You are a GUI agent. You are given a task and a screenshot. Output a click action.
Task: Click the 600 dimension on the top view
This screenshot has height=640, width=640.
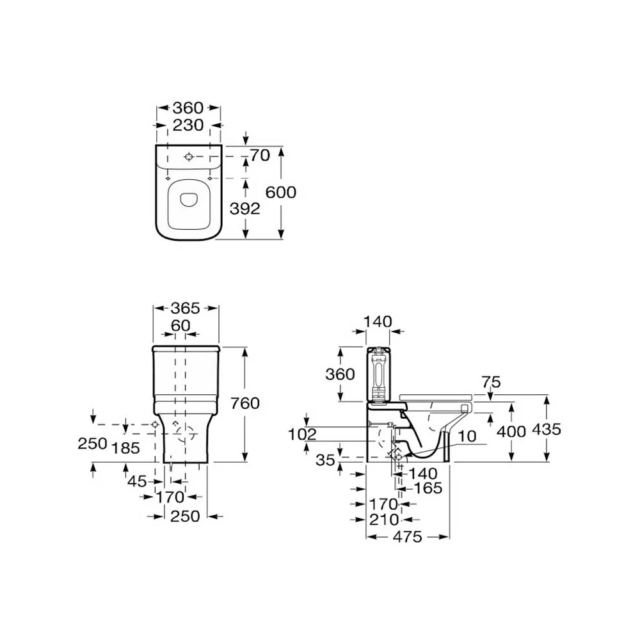[x=281, y=192]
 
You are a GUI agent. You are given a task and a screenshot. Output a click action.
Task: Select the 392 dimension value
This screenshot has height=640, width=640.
[x=245, y=209]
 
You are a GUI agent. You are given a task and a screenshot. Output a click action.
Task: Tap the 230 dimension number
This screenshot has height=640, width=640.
[x=188, y=125]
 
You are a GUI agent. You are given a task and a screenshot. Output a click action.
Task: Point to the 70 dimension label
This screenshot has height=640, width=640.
[x=260, y=156]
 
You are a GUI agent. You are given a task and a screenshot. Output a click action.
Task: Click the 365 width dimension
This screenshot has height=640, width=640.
[x=186, y=308]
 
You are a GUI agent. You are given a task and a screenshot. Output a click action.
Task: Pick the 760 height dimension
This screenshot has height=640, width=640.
[x=245, y=403]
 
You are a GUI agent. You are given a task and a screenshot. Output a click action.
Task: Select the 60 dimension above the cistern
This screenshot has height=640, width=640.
[x=180, y=325]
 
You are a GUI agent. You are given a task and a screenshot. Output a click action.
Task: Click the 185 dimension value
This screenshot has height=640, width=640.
[x=125, y=448]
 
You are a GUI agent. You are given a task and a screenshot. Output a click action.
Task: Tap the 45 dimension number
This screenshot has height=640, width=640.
[x=137, y=481]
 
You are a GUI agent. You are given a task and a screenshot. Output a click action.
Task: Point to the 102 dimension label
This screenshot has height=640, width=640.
[x=303, y=435]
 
